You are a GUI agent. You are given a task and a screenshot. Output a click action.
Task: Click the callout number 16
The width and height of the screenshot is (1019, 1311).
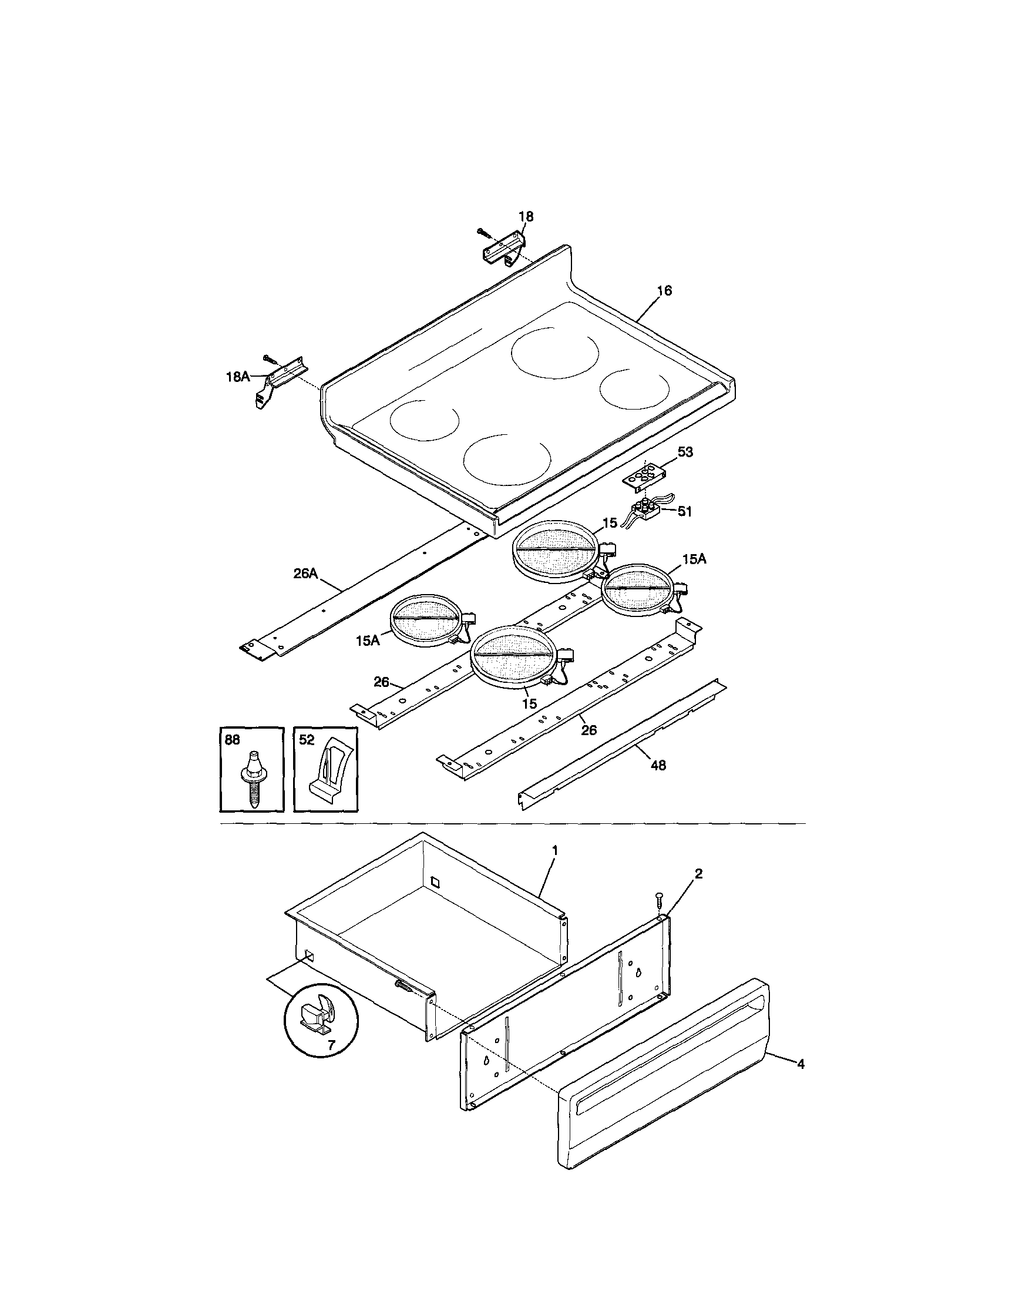coord(664,290)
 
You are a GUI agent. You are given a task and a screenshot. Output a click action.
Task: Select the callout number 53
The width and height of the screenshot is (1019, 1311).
coord(685,452)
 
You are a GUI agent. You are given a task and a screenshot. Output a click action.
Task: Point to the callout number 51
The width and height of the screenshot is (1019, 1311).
coord(685,511)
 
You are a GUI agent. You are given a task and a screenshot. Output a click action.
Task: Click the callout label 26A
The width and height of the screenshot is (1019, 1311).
coord(305,574)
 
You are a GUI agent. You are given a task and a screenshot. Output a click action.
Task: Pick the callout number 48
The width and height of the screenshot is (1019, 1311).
coord(658,765)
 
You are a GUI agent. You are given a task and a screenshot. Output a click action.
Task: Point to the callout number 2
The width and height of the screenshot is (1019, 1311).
coord(698,873)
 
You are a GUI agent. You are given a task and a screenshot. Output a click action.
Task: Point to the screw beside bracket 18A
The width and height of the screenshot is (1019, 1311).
coord(271,360)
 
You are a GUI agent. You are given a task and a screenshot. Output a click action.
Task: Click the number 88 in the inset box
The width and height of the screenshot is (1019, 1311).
coord(231,740)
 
